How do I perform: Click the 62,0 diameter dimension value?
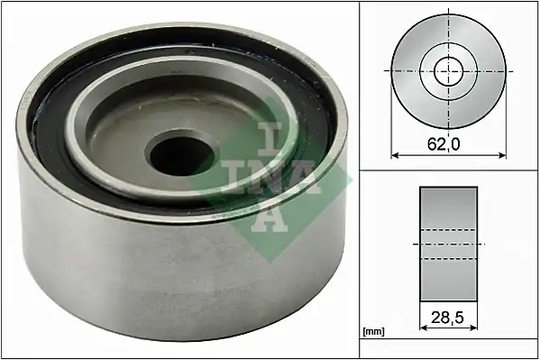tap(444, 144)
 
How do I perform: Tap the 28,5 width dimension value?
tap(446, 318)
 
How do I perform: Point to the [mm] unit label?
tap(373, 332)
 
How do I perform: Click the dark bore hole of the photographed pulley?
tap(181, 155)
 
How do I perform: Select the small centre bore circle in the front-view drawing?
tap(448, 71)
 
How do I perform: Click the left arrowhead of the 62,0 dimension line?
tap(395, 155)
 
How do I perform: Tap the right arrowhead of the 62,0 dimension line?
tap(502, 155)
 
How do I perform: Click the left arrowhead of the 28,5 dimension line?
tap(424, 328)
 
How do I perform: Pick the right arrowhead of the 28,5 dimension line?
tap(473, 328)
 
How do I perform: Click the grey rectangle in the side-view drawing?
tap(448, 244)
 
